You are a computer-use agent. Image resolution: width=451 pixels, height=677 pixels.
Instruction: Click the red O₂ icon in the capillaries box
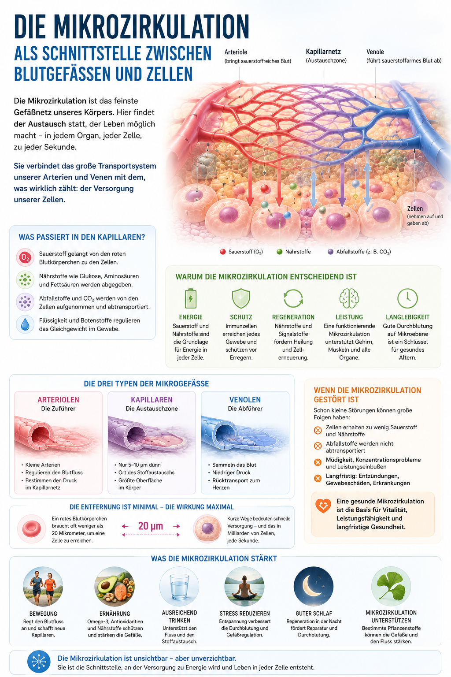tap(25, 257)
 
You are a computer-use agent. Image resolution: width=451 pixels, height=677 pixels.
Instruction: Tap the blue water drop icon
tap(25, 324)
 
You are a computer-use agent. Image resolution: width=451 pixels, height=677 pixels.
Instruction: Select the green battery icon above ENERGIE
tap(191, 298)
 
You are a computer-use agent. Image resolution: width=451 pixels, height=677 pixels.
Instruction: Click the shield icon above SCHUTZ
tap(241, 298)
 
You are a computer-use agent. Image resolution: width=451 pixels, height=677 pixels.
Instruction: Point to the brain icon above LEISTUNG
tap(349, 298)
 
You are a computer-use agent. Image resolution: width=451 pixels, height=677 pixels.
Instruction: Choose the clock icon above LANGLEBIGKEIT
tap(407, 298)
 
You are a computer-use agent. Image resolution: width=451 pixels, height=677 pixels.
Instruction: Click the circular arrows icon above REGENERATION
tap(293, 298)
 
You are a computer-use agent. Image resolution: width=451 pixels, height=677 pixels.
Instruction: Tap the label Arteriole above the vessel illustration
tap(236, 52)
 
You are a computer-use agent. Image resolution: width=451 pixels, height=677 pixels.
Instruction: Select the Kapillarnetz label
tap(323, 52)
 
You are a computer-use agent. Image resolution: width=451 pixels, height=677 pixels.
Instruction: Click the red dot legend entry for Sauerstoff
tap(223, 252)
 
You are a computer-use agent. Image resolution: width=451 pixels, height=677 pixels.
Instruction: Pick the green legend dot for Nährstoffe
tap(279, 252)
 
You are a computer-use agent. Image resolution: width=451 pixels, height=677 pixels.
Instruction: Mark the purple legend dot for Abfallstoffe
tap(331, 252)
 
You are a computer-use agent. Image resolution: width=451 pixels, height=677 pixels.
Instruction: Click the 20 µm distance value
tap(151, 526)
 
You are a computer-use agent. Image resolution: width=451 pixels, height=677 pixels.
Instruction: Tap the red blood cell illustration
tap(31, 529)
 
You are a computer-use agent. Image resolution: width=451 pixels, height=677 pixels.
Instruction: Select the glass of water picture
tap(179, 586)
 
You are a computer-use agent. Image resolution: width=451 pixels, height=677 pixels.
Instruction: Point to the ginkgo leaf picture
tap(391, 586)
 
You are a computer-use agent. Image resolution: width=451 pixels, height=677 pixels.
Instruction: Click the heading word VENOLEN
tap(245, 400)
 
